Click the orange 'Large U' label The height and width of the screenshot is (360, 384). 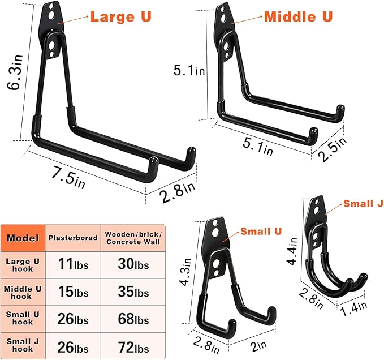(121, 16)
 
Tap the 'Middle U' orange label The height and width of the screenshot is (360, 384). (299, 16)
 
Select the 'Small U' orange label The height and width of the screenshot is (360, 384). (261, 231)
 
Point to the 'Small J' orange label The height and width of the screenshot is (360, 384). (363, 203)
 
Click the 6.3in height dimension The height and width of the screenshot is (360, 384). (15, 72)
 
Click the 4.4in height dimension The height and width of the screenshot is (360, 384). (292, 251)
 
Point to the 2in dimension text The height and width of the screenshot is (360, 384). (258, 346)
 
